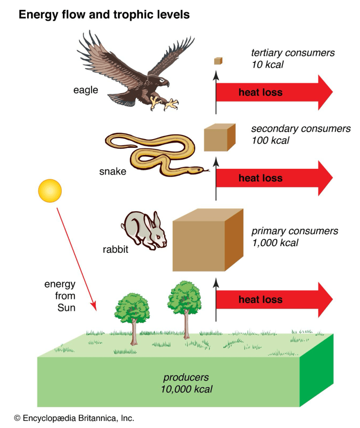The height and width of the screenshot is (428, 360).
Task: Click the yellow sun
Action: (50, 191)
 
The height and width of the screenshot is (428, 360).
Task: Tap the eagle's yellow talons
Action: (165, 102)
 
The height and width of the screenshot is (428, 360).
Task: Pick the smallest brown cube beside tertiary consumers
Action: (218, 61)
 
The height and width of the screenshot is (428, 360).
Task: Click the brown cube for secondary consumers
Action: (219, 138)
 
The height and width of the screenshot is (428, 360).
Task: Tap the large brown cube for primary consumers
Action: (207, 240)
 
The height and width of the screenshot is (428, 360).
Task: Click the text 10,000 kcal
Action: (186, 389)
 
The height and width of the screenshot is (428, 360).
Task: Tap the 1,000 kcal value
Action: (275, 242)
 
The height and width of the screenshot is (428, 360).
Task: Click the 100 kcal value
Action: (270, 140)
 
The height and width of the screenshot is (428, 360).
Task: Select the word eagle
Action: (86, 90)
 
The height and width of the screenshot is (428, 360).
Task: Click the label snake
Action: (113, 171)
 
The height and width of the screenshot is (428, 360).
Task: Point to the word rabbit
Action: (115, 250)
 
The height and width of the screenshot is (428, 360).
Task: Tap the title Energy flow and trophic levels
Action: (104, 15)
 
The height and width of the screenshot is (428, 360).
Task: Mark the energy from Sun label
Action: (60, 296)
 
